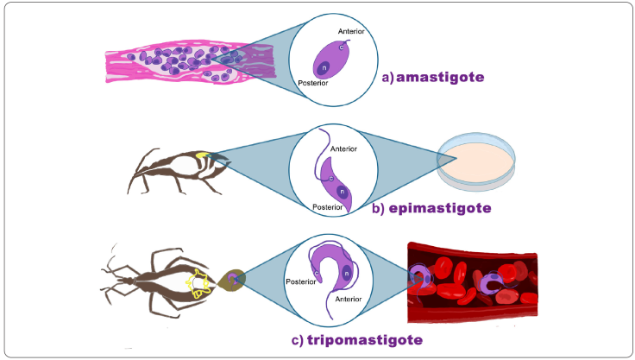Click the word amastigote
[440, 77]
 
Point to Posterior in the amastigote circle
[313, 85]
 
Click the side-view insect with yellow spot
[177, 169]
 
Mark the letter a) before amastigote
[387, 77]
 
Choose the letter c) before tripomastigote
[298, 340]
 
